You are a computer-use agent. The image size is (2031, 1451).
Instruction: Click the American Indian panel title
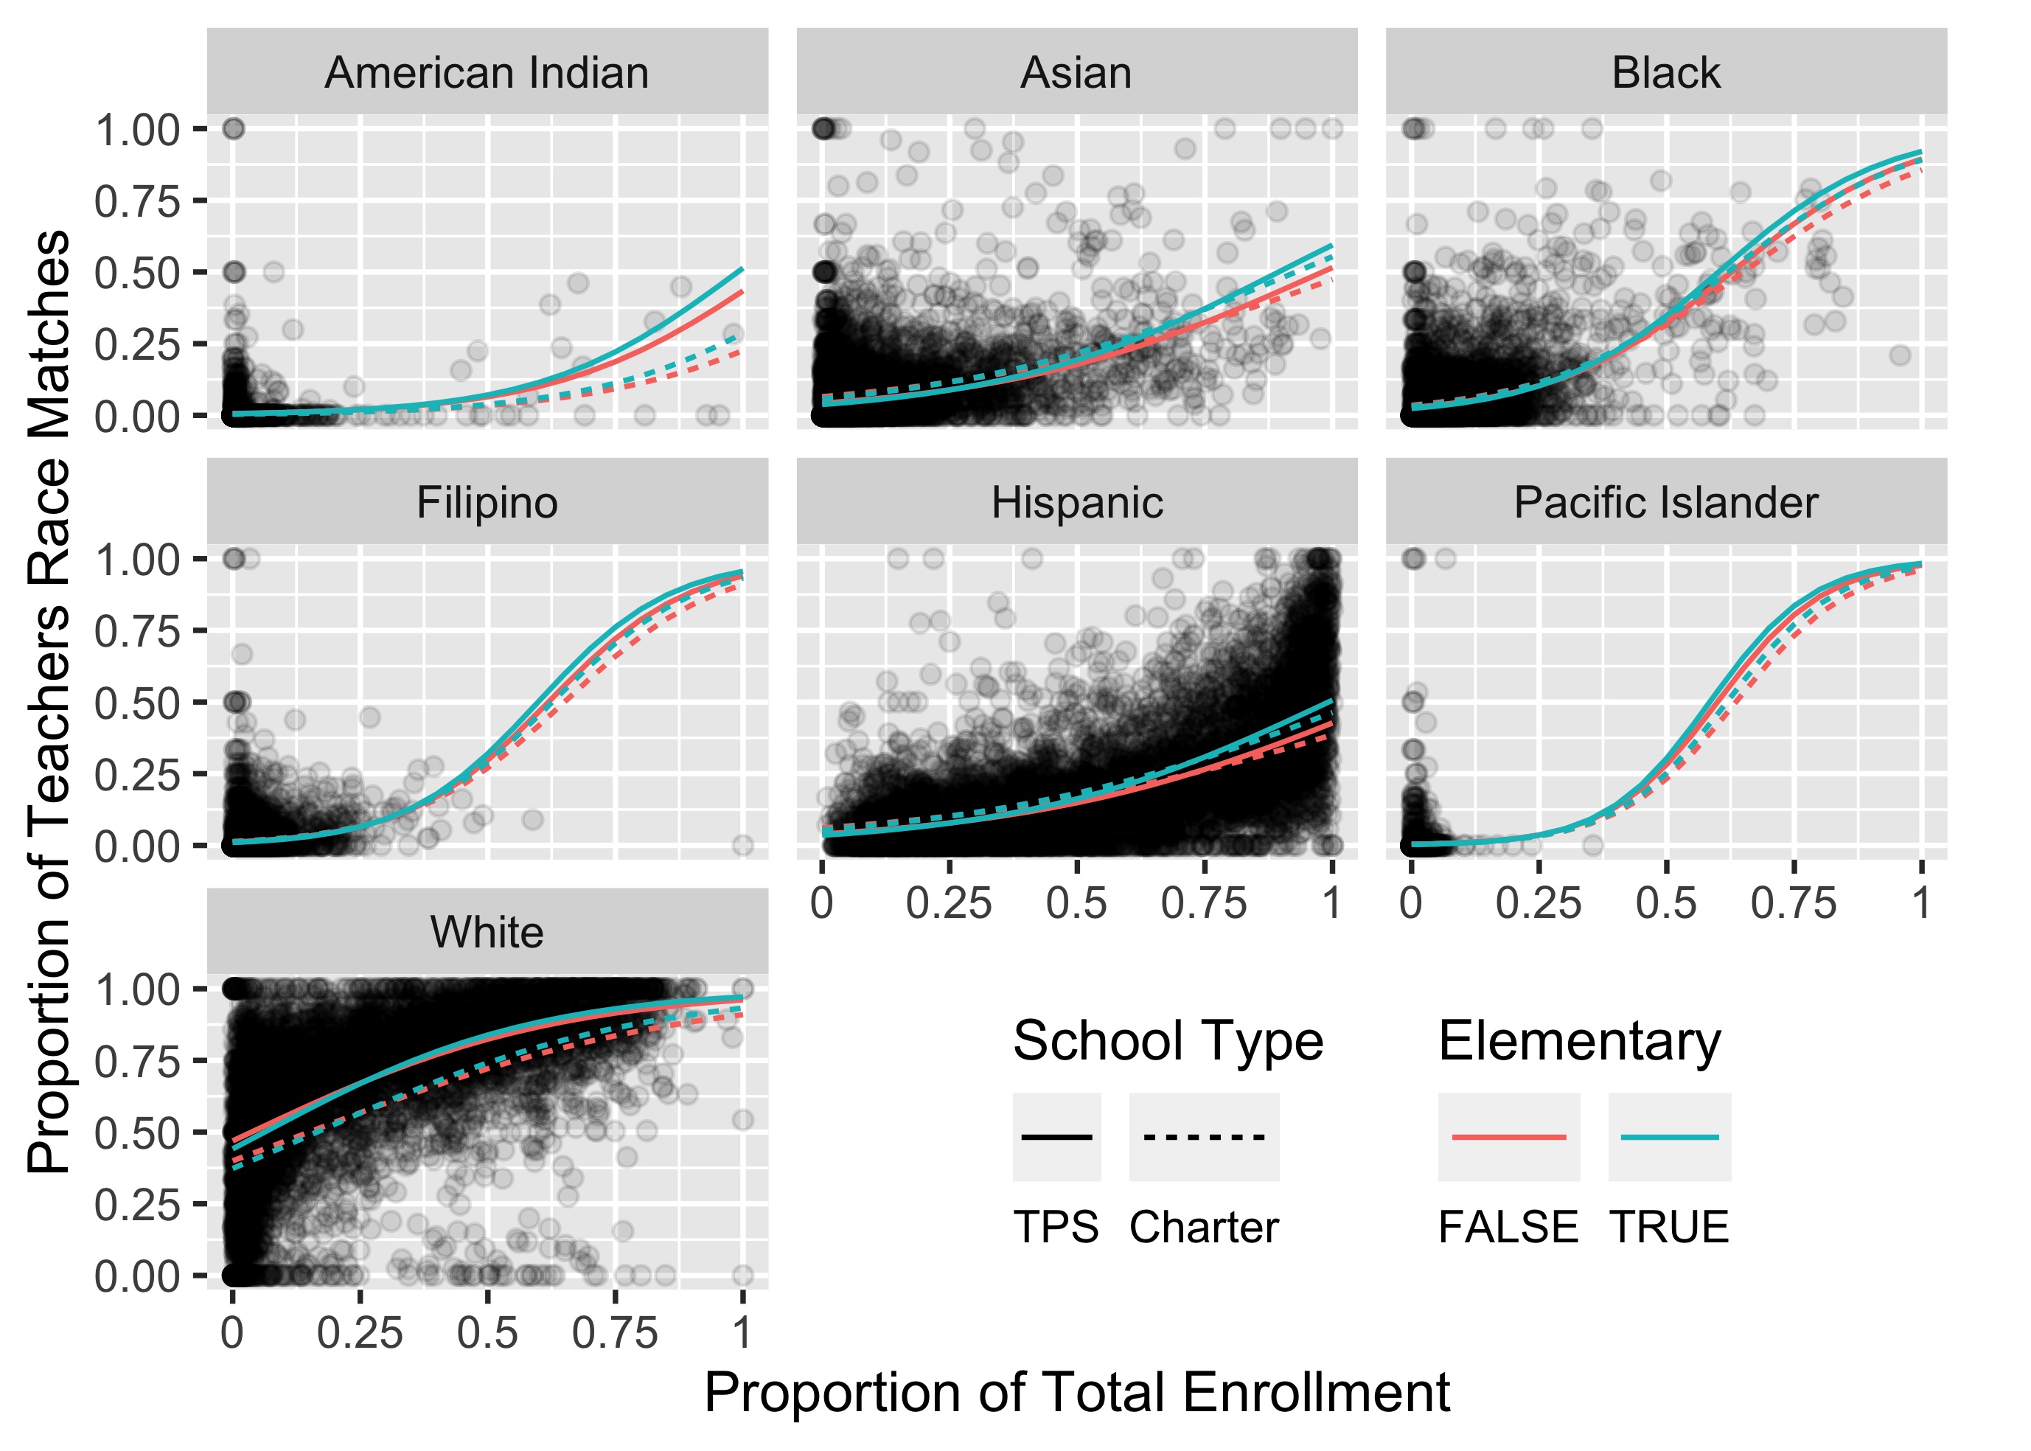[x=487, y=73]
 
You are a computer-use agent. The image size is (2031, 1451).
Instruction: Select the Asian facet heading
[x=1076, y=73]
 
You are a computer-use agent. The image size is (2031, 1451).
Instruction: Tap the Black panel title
[x=1665, y=73]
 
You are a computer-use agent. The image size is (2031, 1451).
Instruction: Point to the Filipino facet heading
[x=487, y=503]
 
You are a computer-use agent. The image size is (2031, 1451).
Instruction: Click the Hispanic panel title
[x=1076, y=503]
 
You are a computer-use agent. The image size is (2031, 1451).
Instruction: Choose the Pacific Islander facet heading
[x=1665, y=503]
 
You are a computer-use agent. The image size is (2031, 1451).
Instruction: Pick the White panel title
[x=487, y=933]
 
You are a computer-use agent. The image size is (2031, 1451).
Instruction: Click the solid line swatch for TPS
[x=1056, y=1138]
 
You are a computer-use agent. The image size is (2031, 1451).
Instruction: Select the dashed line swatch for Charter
[x=1204, y=1138]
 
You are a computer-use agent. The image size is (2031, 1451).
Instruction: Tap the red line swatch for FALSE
[x=1508, y=1138]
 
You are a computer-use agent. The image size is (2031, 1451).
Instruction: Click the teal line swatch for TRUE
[x=1669, y=1138]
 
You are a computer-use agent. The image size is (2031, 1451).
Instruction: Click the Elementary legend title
[x=1579, y=1042]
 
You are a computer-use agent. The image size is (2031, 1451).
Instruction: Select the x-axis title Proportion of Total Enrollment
[x=1076, y=1392]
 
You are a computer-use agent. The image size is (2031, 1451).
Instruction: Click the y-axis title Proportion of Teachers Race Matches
[x=49, y=701]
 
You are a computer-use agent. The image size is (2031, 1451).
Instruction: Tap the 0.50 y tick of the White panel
[x=138, y=1134]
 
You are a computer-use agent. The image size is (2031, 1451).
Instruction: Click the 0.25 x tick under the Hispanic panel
[x=949, y=903]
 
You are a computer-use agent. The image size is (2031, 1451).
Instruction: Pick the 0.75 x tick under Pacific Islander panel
[x=1794, y=903]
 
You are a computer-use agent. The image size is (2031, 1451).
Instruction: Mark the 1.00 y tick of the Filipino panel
[x=138, y=560]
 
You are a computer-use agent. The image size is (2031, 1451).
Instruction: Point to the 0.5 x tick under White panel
[x=487, y=1334]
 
